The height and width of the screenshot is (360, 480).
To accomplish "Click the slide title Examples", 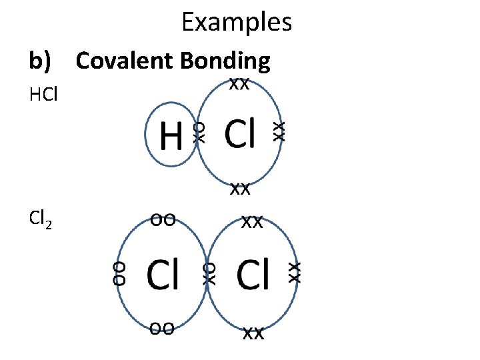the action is click(237, 23).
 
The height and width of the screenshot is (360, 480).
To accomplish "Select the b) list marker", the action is click(40, 62).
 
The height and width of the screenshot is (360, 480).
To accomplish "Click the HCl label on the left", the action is click(44, 95).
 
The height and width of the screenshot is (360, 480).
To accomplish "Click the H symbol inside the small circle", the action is click(171, 139).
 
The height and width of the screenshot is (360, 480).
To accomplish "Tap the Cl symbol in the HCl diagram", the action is click(239, 133).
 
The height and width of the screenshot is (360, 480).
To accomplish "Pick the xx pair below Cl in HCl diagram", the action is click(240, 189).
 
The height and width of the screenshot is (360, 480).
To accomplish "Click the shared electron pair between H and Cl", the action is click(198, 131).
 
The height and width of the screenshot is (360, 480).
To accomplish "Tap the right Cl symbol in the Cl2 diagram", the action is click(253, 275).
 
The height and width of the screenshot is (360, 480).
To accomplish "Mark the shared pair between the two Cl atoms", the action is click(209, 273).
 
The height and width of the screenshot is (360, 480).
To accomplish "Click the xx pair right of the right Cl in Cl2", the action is click(294, 271).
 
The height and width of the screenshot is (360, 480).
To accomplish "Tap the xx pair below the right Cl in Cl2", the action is click(253, 333).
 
